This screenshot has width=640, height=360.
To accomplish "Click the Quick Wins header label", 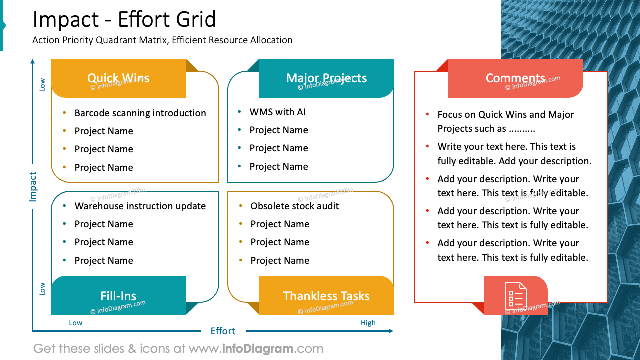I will (x=118, y=78).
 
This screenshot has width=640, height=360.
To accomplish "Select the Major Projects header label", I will (x=326, y=78).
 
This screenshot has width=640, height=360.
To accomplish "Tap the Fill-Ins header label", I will (x=118, y=296).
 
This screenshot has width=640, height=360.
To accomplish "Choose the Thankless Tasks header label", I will (x=326, y=296).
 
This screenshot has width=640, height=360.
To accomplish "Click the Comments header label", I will (x=515, y=78).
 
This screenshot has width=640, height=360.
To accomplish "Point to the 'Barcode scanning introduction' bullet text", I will (x=140, y=113).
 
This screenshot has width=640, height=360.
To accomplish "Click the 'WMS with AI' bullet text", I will (x=278, y=112).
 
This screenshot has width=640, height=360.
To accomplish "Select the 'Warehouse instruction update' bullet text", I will (x=140, y=206).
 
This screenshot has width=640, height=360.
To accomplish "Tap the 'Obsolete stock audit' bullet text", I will (x=295, y=206).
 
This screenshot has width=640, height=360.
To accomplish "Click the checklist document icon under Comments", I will (x=515, y=295).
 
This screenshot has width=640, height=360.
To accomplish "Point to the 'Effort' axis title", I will (x=223, y=331).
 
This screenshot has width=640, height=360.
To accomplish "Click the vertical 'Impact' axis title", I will (x=33, y=187).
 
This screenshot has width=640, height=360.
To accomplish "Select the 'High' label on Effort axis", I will (x=368, y=323).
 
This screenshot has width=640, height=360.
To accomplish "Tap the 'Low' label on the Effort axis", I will (x=76, y=323).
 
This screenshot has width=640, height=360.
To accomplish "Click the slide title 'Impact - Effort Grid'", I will (x=124, y=20).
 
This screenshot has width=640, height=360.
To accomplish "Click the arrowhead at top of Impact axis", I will (x=33, y=62).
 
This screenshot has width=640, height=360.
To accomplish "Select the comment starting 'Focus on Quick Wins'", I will (x=505, y=121).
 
